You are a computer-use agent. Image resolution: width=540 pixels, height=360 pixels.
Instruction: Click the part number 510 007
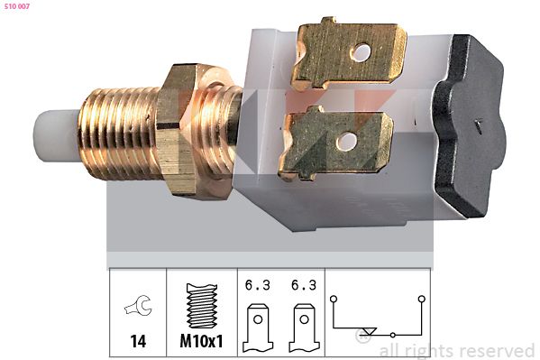click(x=17, y=6)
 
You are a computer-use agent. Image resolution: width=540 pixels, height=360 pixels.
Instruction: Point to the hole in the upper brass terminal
click(x=362, y=52)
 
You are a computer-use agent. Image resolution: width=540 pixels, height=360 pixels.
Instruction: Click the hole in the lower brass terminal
click(x=346, y=142)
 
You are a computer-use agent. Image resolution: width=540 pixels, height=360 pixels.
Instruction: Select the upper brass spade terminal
click(x=349, y=52)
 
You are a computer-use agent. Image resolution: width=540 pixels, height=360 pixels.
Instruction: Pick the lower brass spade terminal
click(x=335, y=143)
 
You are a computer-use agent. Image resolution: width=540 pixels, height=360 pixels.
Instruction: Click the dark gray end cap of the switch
click(x=469, y=125)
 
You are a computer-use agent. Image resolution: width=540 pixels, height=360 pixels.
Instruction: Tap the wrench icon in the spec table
click(x=139, y=306)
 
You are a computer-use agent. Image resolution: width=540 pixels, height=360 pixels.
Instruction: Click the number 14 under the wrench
click(x=138, y=341)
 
